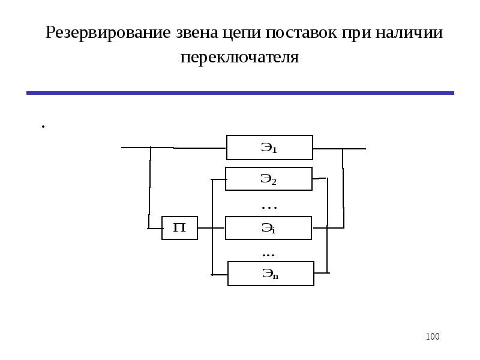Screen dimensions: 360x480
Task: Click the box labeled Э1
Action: point(269,147)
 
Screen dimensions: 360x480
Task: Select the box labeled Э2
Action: point(269,179)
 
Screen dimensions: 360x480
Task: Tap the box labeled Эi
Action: point(268,228)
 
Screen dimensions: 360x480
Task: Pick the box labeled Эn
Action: point(271,274)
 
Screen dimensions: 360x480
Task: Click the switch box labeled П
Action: point(179,228)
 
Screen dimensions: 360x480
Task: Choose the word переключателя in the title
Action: point(239,58)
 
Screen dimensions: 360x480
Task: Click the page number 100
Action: point(432,337)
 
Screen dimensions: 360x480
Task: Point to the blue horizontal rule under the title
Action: point(240,93)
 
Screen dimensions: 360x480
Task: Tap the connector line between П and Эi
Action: point(211,228)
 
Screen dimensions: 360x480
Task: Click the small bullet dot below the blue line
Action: point(43,126)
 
